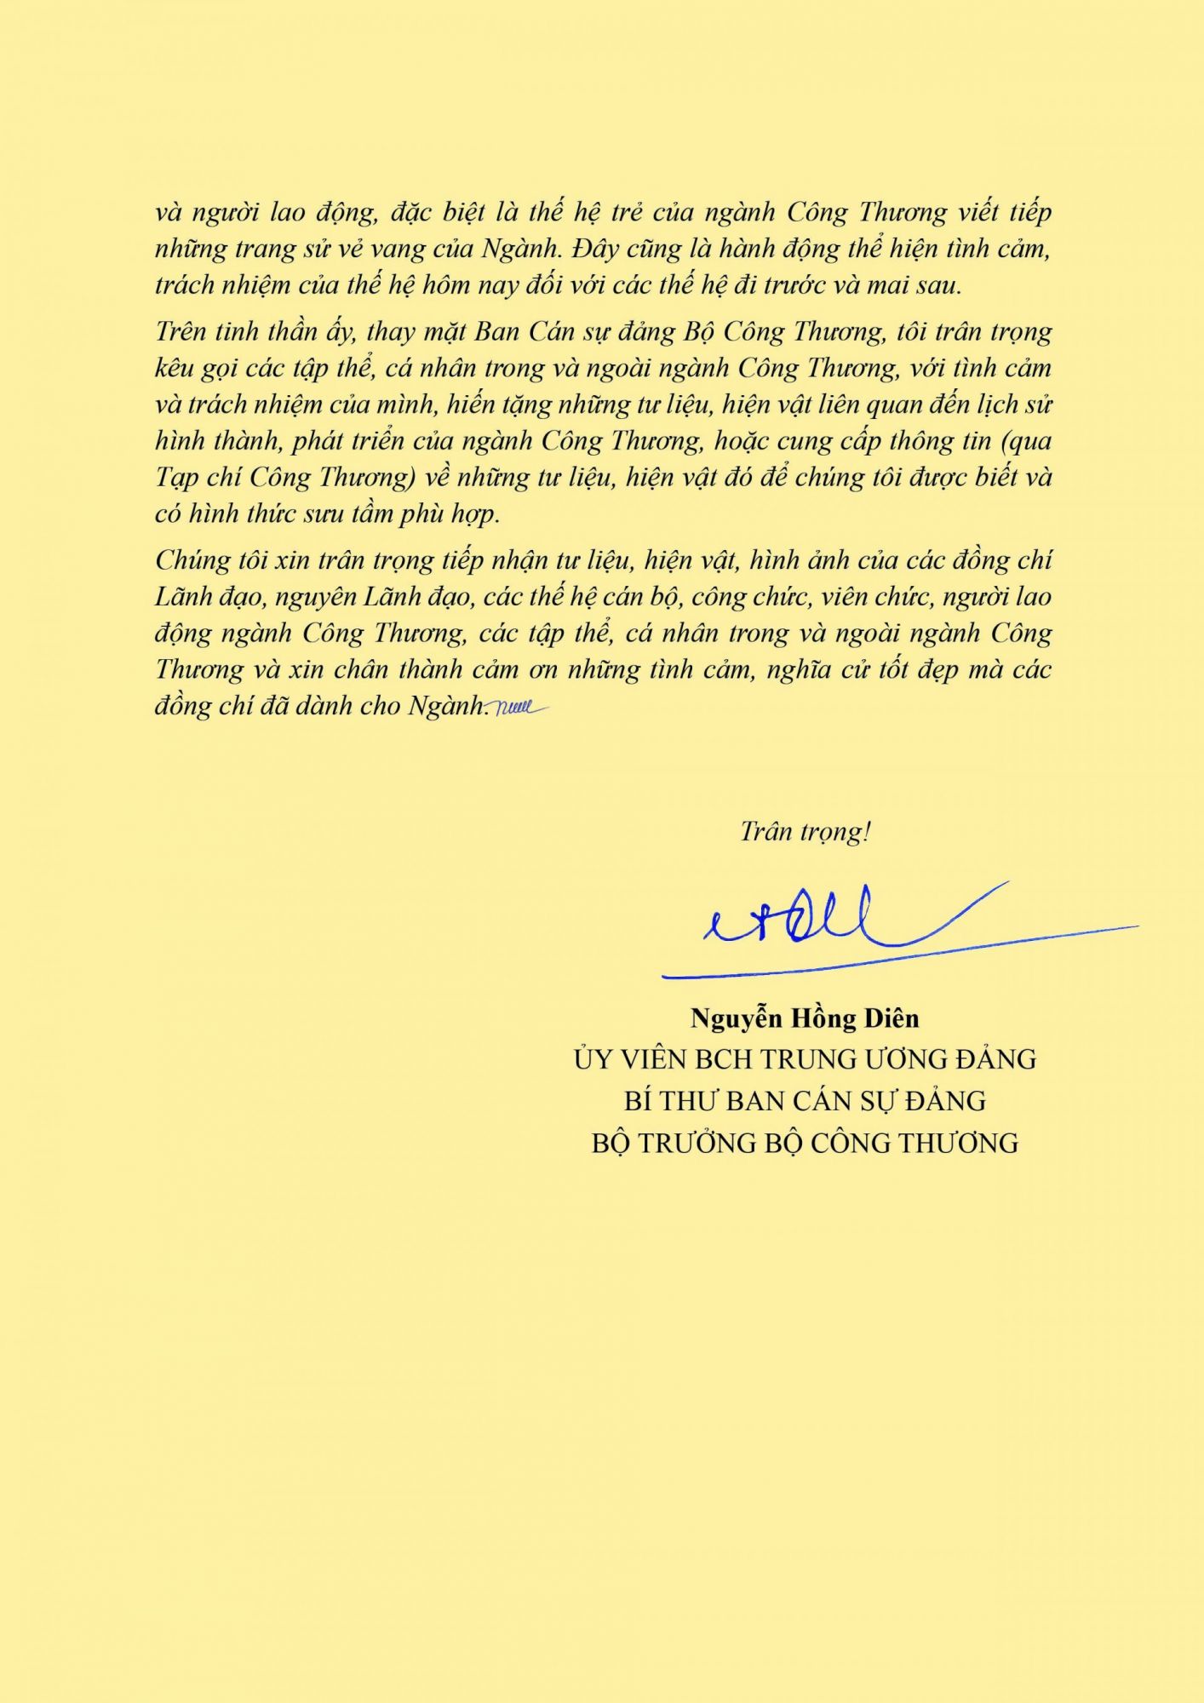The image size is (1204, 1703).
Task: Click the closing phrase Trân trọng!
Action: (805, 832)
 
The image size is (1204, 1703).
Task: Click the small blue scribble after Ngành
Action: (519, 707)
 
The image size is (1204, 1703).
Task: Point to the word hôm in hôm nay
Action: (444, 285)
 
